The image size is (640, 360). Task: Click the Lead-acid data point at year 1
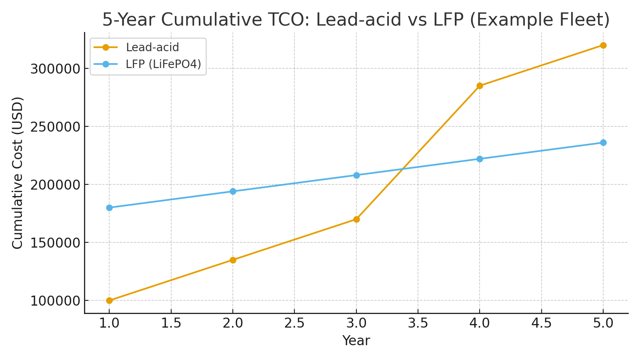(x=109, y=300)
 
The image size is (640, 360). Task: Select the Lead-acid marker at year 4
(x=480, y=86)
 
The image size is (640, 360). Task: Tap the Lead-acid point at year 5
(x=603, y=45)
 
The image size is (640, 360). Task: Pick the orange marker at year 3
(x=356, y=219)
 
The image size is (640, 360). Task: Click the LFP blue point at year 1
(x=109, y=208)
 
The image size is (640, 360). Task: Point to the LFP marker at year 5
(x=603, y=142)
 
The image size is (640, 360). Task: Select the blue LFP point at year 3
(x=356, y=175)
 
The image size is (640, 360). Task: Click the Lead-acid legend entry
(x=152, y=47)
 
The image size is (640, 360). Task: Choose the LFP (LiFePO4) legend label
(x=163, y=64)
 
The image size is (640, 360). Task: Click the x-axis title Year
(x=356, y=341)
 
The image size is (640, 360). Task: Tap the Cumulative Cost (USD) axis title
(x=18, y=173)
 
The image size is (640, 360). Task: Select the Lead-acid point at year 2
(x=233, y=260)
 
